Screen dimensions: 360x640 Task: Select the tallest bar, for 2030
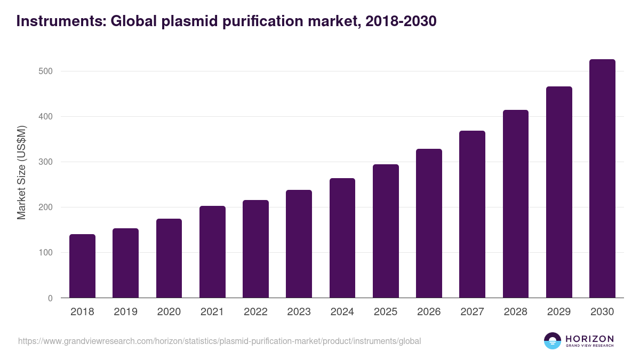(602, 179)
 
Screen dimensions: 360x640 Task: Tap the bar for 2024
(342, 238)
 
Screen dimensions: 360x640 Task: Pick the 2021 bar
(212, 252)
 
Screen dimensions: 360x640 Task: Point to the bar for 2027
(472, 214)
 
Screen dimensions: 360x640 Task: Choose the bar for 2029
(559, 192)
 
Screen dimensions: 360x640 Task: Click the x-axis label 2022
(255, 312)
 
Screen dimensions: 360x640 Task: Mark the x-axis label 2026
(429, 312)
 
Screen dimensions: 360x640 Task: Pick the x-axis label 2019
(125, 312)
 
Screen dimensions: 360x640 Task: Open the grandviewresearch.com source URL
(219, 341)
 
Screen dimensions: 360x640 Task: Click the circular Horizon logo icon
(553, 341)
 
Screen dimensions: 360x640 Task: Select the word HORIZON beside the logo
(589, 338)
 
